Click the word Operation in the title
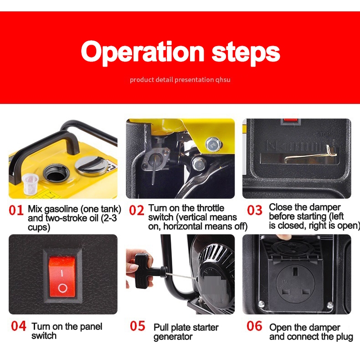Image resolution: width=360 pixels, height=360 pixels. click(142, 53)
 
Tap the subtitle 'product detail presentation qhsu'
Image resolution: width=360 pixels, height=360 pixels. click(180, 80)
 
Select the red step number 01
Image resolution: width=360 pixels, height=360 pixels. click(16, 210)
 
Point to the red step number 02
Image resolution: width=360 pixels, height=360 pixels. click(136, 210)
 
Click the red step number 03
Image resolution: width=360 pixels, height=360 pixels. click(254, 210)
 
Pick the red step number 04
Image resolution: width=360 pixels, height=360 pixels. click(19, 326)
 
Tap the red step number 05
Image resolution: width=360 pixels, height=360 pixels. click(138, 326)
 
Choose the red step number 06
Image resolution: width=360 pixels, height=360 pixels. click(254, 326)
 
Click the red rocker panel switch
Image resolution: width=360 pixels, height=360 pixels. click(62, 277)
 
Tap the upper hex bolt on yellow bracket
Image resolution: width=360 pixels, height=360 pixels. click(213, 144)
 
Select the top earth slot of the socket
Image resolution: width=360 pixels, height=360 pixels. click(295, 273)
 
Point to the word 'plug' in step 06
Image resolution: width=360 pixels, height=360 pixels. click(345, 337)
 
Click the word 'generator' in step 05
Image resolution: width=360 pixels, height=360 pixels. click(173, 337)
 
